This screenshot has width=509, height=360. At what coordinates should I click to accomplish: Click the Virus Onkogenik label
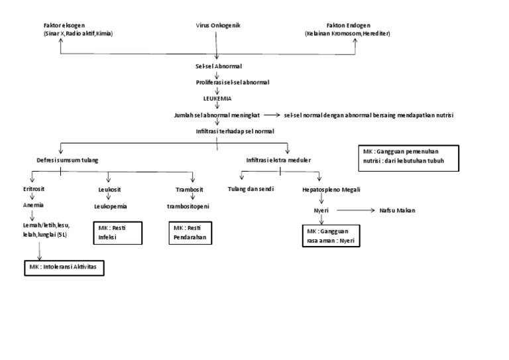(218, 25)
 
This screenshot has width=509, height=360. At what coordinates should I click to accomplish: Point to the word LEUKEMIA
(218, 98)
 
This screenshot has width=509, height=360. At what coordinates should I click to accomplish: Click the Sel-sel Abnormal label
(218, 67)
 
